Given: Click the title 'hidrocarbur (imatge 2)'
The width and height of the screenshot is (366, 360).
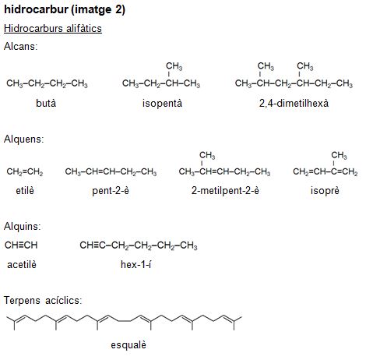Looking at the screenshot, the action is (65, 10).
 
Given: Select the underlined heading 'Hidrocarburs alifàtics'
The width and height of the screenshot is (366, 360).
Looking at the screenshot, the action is (53, 28).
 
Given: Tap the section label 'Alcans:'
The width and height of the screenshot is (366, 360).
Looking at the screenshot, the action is (21, 46).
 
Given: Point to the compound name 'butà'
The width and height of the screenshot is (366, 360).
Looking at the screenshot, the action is (46, 103).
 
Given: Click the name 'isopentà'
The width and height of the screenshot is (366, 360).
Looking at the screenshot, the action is (162, 104).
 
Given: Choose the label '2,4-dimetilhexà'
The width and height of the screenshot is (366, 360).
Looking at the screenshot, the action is (294, 103).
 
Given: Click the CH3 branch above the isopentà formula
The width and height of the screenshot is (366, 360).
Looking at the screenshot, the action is (174, 66).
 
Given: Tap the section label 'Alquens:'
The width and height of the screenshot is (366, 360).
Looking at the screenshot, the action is (24, 139).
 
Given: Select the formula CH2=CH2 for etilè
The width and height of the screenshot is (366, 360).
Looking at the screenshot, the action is (25, 171).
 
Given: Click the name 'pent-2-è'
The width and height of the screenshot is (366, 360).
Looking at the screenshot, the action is (111, 191).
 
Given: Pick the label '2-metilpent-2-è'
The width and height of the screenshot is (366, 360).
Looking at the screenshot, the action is (225, 191).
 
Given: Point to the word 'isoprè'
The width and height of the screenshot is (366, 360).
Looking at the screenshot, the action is (325, 191).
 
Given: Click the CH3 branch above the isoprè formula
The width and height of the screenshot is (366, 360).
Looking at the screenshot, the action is (339, 155).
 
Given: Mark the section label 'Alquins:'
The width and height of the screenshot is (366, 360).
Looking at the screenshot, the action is (23, 226).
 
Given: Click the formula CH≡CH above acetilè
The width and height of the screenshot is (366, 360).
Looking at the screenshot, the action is (21, 245).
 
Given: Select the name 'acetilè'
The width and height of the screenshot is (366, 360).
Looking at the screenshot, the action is (22, 265).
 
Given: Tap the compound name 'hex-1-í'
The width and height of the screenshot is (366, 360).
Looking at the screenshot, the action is (136, 265).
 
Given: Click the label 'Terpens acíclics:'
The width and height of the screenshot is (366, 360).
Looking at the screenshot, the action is (43, 301).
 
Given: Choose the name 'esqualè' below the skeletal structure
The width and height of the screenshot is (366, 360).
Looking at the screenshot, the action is (128, 345).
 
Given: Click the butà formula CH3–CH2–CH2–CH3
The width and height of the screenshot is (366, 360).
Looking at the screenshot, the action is (47, 83).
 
